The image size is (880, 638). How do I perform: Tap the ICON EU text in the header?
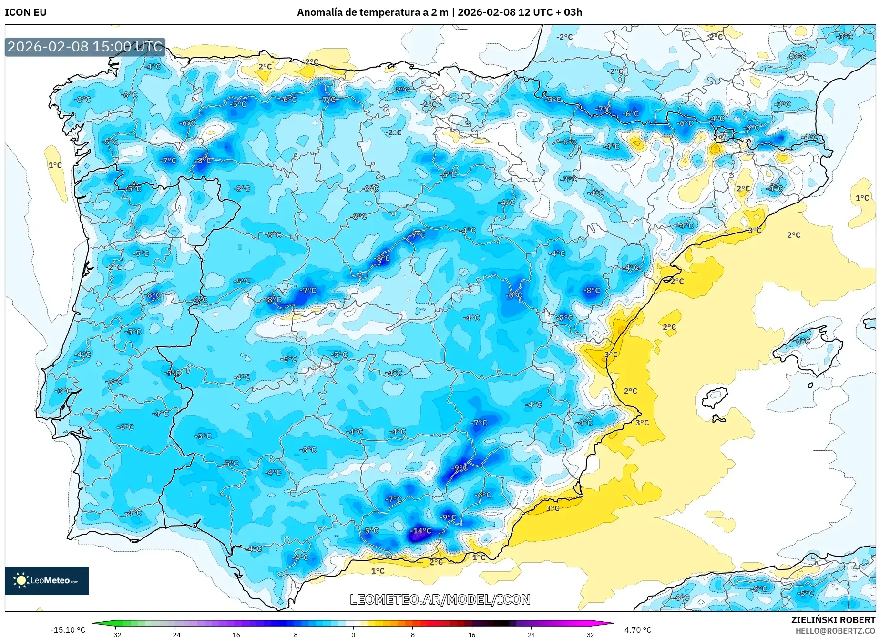26,12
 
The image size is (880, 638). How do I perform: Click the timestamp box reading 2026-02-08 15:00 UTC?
85,47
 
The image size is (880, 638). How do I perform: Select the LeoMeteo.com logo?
47,580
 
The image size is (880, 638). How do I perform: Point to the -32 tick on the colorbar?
116,634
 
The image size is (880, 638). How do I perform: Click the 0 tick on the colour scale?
353,634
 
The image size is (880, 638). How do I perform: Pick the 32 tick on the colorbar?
590,634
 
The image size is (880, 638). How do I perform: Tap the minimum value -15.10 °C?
68,630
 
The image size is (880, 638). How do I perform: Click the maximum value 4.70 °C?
638,630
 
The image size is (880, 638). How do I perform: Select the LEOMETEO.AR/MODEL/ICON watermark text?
440,599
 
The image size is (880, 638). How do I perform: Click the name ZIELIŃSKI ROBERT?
833,620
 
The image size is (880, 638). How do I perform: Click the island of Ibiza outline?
715,397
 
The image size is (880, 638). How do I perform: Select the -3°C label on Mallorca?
803,341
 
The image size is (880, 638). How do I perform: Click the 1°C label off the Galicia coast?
55,165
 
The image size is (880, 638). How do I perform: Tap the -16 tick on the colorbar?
234,634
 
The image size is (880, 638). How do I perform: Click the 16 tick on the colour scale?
471,634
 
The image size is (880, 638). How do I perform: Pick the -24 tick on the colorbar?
175,634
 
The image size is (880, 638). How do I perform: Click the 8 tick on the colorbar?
412,634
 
